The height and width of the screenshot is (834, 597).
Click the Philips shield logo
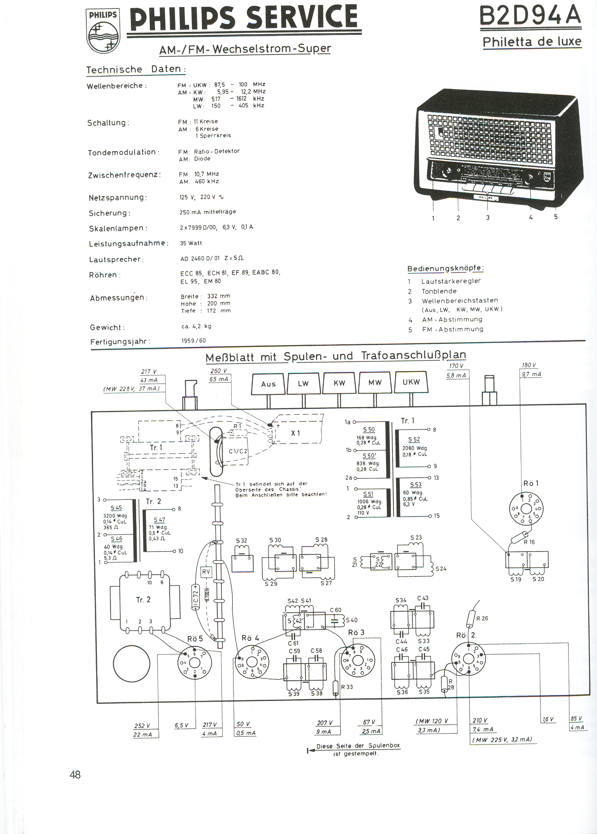pyautogui.click(x=103, y=31)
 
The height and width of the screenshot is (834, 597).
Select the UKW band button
pyautogui.click(x=411, y=382)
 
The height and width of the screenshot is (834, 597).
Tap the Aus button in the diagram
pyautogui.click(x=268, y=384)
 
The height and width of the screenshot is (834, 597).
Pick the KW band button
pyautogui.click(x=339, y=383)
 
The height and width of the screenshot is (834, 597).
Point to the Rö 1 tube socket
pyautogui.click(x=526, y=508)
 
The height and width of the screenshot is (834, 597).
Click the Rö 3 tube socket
pyautogui.click(x=358, y=661)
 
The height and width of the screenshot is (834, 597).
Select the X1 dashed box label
pyautogui.click(x=296, y=433)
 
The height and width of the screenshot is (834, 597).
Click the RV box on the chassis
pyautogui.click(x=206, y=571)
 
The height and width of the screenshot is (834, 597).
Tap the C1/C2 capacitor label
pyautogui.click(x=238, y=451)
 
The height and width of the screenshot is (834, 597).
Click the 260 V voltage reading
pyautogui.click(x=219, y=371)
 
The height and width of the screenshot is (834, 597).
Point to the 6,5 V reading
pyautogui.click(x=181, y=725)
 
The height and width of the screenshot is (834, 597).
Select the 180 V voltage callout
pyautogui.click(x=529, y=365)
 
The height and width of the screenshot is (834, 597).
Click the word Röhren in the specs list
pyautogui.click(x=103, y=275)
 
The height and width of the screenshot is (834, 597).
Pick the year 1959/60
pyautogui.click(x=193, y=341)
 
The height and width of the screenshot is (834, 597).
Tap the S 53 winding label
pyautogui.click(x=416, y=485)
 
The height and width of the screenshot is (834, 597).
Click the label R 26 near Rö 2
pyautogui.click(x=482, y=618)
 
